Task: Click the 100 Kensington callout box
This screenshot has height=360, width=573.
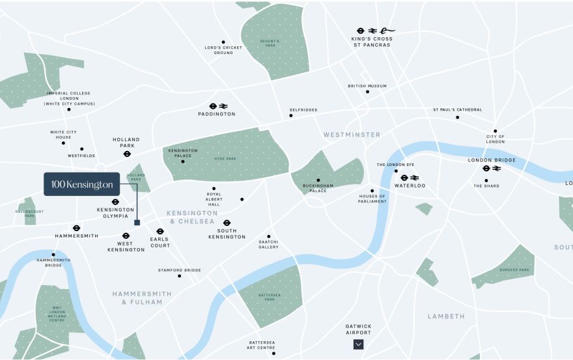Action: (x=81, y=184)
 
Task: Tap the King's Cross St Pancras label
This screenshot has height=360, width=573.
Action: (x=371, y=42)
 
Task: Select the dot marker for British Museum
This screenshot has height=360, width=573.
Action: (x=367, y=92)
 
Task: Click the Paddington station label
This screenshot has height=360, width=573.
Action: (x=217, y=114)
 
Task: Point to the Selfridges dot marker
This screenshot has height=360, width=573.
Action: (x=291, y=116)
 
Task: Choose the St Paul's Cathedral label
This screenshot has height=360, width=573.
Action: (x=457, y=109)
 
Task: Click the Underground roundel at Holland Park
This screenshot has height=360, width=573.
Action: (x=127, y=154)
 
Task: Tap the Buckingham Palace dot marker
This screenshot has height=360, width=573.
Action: (x=318, y=180)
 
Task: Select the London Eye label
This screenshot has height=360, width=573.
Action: (x=395, y=165)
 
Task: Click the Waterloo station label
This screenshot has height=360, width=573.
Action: (x=410, y=186)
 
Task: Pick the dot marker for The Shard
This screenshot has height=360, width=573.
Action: (x=486, y=180)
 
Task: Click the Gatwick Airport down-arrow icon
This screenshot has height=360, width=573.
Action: (x=358, y=344)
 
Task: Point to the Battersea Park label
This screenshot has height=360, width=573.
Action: (x=269, y=296)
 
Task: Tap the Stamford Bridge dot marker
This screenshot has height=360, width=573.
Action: (x=179, y=276)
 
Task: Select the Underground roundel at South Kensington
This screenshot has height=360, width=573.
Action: (x=227, y=223)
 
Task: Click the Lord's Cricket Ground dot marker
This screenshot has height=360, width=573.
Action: (x=223, y=42)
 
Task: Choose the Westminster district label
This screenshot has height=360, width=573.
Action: (x=352, y=135)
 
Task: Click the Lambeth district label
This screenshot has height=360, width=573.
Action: (x=446, y=316)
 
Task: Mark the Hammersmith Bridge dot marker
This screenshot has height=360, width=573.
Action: (x=53, y=255)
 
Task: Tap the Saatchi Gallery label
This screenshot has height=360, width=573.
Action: (x=268, y=244)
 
